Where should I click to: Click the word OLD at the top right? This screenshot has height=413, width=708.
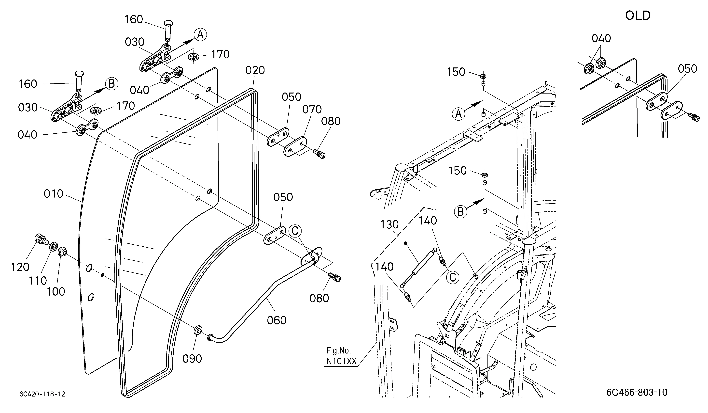[x=638, y=16]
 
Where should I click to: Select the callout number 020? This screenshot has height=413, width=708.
[x=255, y=70]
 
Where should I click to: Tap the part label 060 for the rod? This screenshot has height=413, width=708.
[x=277, y=320]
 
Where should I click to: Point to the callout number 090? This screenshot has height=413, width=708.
[x=192, y=359]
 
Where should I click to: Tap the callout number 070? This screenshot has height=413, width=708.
[x=312, y=110]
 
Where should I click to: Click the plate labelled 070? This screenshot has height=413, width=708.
[x=296, y=146]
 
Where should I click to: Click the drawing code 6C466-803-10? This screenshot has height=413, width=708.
[x=637, y=392]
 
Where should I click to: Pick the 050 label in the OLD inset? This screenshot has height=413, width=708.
[x=687, y=69]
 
